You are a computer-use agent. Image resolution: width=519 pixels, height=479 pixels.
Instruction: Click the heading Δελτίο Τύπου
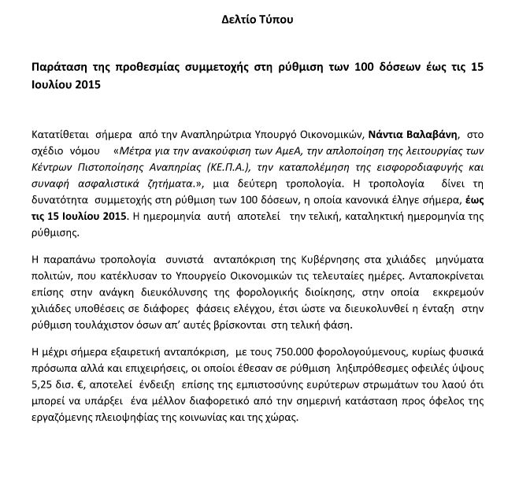[x=258, y=17]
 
